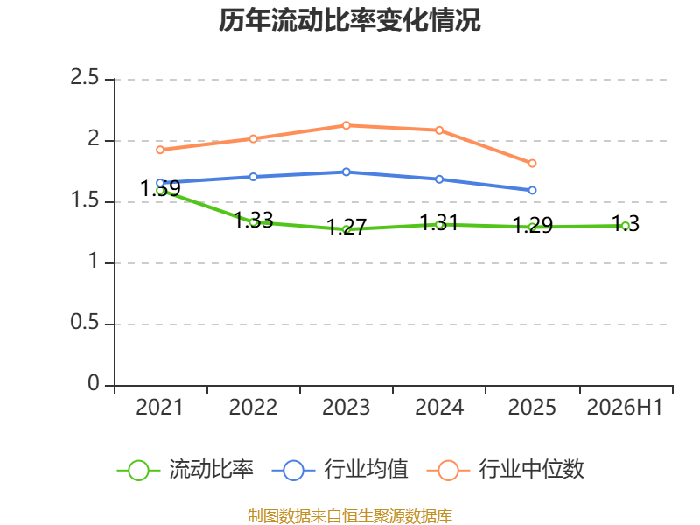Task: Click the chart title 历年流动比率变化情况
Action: [349, 20]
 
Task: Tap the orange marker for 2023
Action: [346, 125]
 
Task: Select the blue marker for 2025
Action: [532, 190]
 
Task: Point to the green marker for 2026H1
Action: [626, 226]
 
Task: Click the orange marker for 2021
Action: [160, 150]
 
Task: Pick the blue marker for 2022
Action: [253, 177]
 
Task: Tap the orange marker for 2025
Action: [532, 164]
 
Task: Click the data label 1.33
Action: [254, 220]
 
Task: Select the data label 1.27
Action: [346, 227]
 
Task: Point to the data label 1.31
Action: [439, 222]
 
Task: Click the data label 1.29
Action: [533, 225]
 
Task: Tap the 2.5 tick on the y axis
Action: [84, 77]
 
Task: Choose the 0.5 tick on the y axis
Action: [84, 322]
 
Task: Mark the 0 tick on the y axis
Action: [94, 383]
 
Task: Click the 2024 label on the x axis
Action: [439, 407]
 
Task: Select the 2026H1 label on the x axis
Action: [625, 407]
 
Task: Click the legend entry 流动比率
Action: [185, 470]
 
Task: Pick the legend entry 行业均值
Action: [339, 470]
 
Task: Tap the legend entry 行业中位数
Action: [506, 470]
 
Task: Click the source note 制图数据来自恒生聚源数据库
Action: [350, 515]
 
